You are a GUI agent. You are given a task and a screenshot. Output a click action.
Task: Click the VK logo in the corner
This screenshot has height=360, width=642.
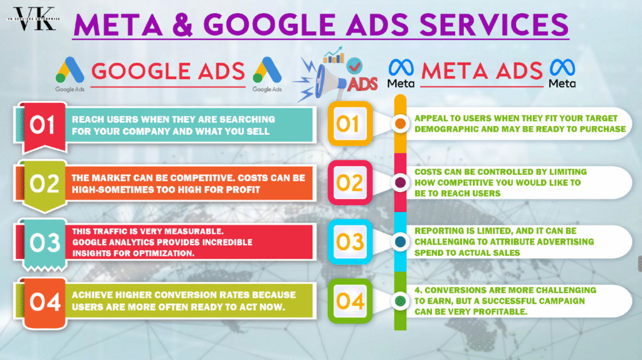coord(34,19)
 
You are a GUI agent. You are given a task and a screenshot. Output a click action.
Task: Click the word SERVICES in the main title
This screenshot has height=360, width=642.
coord(494,24)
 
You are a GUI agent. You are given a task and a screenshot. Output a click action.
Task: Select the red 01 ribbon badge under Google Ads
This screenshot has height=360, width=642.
coord(45,127)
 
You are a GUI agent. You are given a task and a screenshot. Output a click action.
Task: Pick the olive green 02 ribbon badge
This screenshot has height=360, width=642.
coord(45,186)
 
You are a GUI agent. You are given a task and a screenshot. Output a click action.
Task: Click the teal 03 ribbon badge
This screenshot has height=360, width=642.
coord(45,245)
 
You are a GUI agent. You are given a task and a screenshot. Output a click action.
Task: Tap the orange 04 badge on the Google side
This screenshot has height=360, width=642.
coord(45,303)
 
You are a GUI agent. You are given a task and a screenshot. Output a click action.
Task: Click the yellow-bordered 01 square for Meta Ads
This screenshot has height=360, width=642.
coord(350,124)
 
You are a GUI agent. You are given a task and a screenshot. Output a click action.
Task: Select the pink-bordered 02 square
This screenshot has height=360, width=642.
coord(350,183)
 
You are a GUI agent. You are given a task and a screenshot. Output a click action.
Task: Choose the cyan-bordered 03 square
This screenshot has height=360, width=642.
coord(350,241)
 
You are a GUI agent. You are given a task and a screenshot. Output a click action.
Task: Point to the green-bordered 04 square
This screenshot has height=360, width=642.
coord(350,301)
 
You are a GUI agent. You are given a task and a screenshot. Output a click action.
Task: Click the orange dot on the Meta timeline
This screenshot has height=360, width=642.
coord(401,124)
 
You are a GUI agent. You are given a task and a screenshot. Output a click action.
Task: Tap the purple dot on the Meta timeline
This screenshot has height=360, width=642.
coord(401,183)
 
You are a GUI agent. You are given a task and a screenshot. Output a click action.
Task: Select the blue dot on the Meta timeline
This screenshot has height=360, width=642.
coord(401,241)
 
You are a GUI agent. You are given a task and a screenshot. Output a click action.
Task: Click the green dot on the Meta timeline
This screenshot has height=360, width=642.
coord(401,301)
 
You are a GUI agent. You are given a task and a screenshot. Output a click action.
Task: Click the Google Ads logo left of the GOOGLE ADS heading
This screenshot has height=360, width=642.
coord(70,74)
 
